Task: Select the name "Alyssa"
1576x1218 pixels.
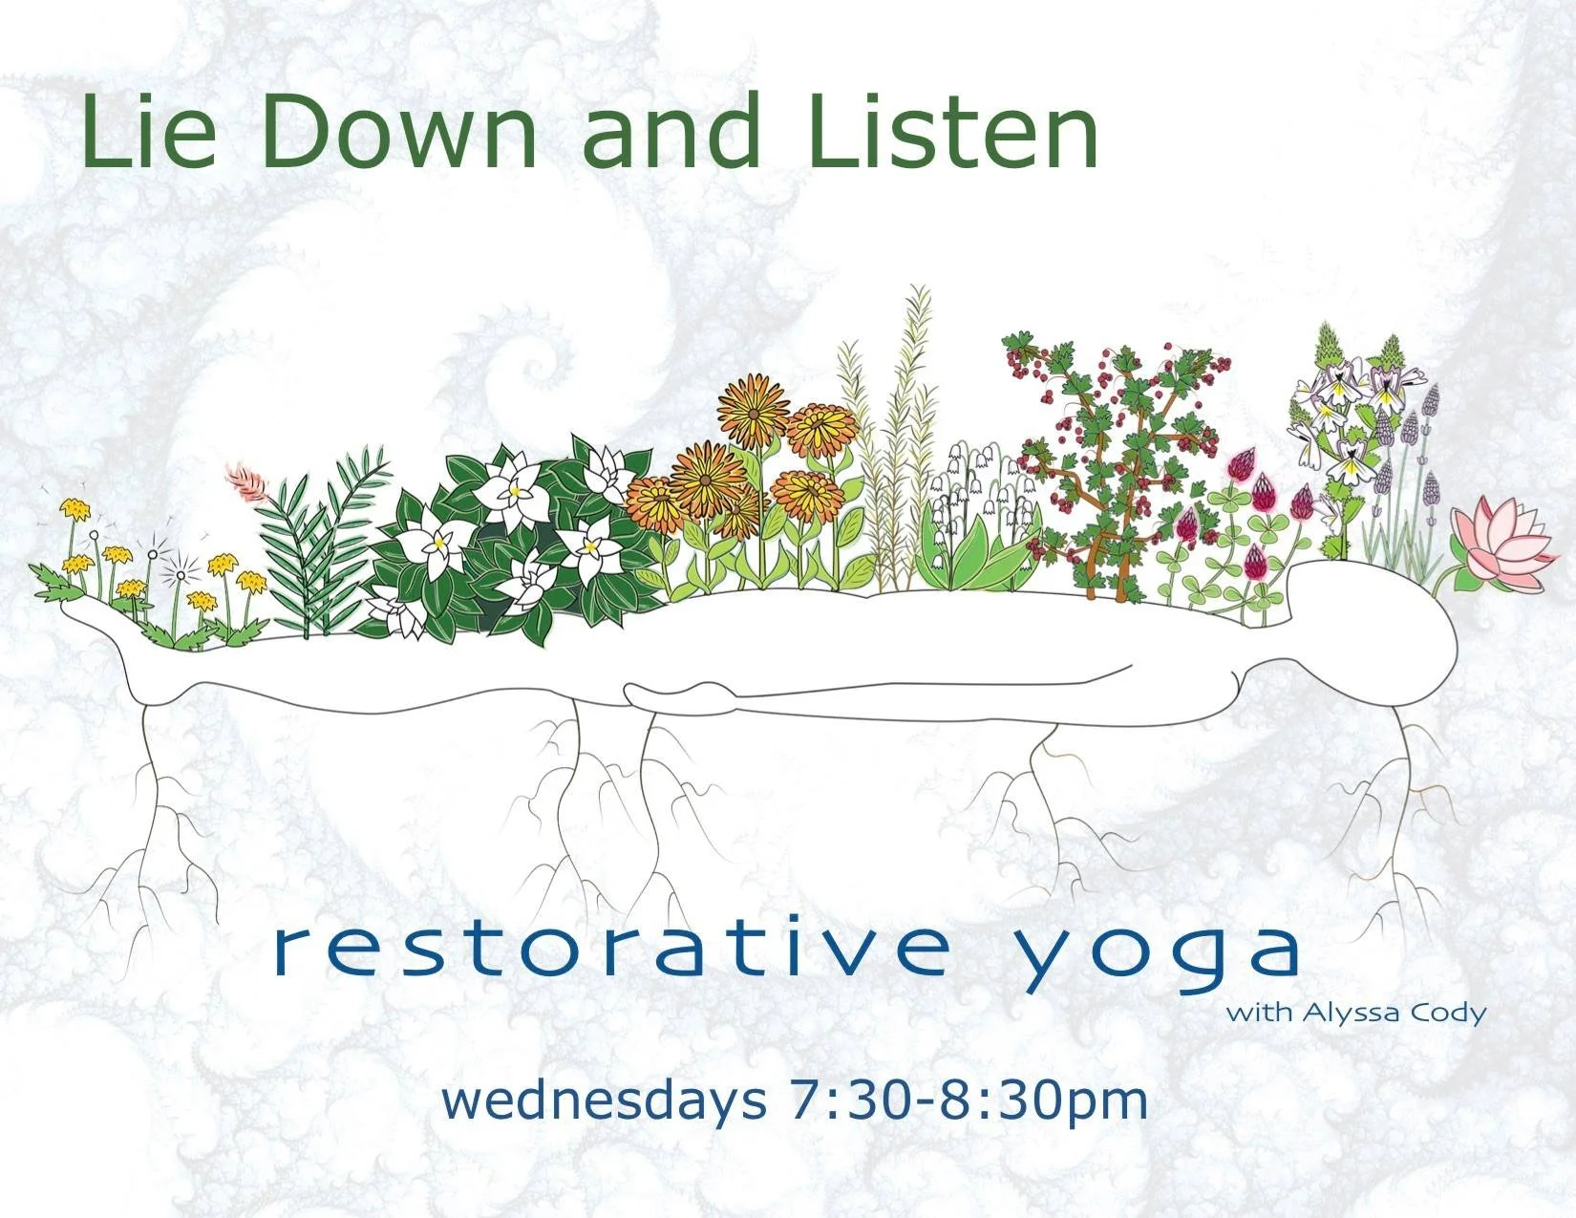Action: [x=1346, y=1013]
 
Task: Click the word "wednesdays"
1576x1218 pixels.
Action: [x=604, y=1100]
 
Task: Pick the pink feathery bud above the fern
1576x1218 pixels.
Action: [x=246, y=482]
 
